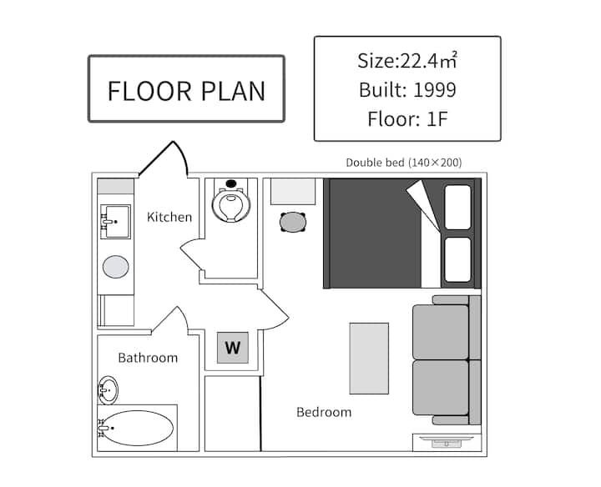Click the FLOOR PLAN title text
click(186, 91)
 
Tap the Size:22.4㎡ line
click(407, 60)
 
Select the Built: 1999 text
click(407, 89)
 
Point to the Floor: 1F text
click(407, 118)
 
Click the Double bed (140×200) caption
click(404, 163)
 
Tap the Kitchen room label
click(169, 217)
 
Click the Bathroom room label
click(148, 358)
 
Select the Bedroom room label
click(324, 412)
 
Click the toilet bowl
click(230, 205)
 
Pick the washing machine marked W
click(233, 348)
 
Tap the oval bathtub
click(136, 428)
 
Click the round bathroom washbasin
click(109, 390)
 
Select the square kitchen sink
click(115, 221)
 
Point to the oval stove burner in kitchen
click(115, 267)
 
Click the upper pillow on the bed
click(457, 207)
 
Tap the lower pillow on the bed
click(457, 259)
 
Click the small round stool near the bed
click(293, 222)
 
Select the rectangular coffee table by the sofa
click(369, 359)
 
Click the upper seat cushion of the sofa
click(441, 332)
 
